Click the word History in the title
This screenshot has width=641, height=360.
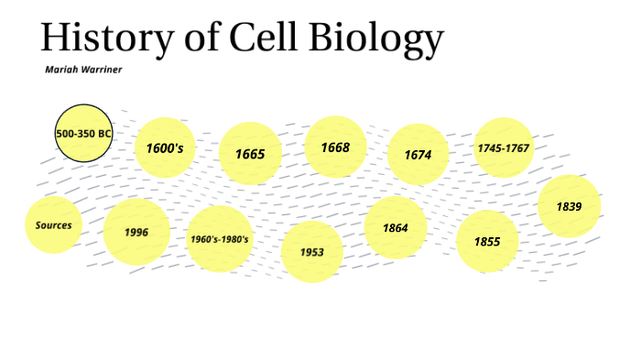(x=100, y=38)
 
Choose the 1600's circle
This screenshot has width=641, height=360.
(x=166, y=147)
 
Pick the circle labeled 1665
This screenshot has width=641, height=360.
(x=250, y=153)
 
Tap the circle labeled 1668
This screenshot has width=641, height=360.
(x=335, y=147)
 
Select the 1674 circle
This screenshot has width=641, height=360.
(x=418, y=154)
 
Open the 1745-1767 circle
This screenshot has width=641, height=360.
(x=504, y=147)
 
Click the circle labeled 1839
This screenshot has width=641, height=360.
(x=569, y=206)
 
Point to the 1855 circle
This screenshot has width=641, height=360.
(x=487, y=242)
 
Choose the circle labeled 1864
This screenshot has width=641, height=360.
(x=396, y=227)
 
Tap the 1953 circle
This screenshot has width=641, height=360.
(x=311, y=252)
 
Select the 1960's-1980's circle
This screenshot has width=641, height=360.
(x=220, y=239)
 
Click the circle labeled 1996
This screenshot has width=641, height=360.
(x=136, y=232)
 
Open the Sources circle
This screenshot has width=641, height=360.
(x=54, y=224)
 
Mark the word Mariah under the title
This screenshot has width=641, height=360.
(x=61, y=70)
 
